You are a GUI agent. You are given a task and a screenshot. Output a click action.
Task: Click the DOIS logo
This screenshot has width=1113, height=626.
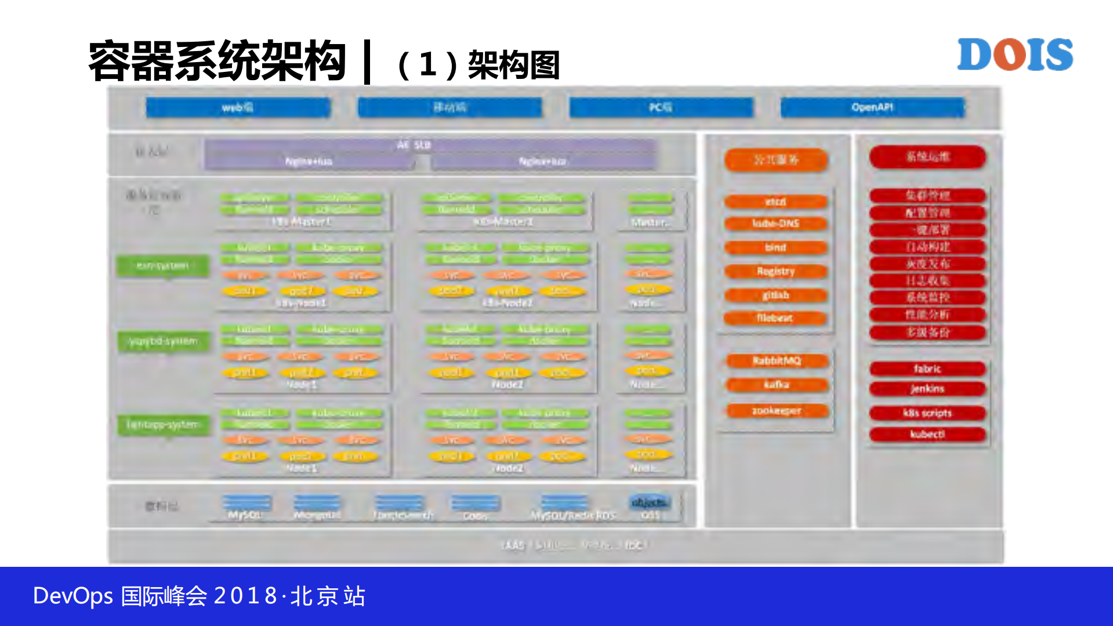[1014, 55]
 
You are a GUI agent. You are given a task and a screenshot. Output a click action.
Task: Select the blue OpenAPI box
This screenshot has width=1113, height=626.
[872, 107]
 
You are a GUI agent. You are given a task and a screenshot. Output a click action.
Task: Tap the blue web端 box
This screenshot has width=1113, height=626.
[238, 107]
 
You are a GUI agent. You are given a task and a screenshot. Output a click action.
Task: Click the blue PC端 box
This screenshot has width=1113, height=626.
[661, 107]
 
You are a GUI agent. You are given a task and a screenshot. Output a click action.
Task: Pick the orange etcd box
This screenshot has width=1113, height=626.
[775, 202]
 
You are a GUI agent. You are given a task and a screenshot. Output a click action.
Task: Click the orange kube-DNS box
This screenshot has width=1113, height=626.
[775, 223]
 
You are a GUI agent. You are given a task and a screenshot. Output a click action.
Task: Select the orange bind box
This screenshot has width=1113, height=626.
[775, 248]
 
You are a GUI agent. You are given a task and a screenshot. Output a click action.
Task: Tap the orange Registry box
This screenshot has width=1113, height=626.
[775, 272]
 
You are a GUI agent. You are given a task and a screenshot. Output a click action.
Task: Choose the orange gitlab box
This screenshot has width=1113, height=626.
[775, 295]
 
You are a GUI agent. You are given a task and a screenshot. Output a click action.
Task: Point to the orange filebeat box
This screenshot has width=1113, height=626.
[775, 318]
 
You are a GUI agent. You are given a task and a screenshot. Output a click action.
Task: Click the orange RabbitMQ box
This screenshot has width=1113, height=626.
[777, 361]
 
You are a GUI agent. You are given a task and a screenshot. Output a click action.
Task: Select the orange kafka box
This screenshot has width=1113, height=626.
[777, 385]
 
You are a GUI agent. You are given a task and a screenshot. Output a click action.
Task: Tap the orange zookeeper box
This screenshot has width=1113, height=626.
[777, 411]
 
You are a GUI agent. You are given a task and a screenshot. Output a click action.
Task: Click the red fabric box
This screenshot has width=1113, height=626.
[927, 369]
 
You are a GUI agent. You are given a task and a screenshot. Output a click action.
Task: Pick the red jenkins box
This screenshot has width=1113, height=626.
[927, 389]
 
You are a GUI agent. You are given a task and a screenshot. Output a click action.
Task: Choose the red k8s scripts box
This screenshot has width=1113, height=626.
[927, 413]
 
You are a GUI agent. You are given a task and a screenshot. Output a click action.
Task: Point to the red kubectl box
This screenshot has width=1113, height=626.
[927, 434]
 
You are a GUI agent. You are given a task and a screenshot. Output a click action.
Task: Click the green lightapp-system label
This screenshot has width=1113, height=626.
[163, 425]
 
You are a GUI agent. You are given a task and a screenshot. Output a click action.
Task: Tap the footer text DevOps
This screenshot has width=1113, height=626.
[72, 596]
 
